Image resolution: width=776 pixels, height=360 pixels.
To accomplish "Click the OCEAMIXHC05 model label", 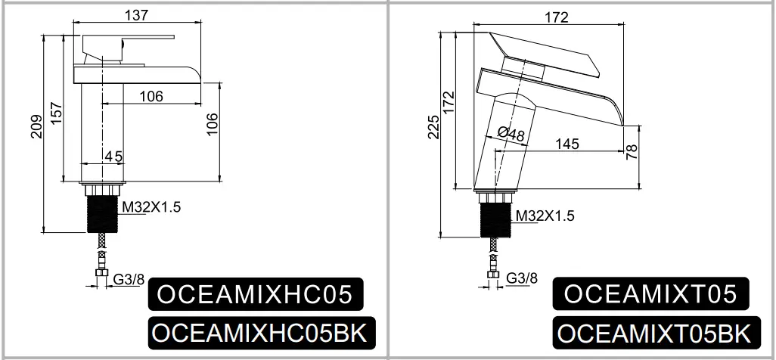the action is tap(256, 293).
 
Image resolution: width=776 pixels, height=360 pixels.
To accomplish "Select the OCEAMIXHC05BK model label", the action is tap(262, 332).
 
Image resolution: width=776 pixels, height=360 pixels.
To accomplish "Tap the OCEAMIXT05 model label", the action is tap(650, 293).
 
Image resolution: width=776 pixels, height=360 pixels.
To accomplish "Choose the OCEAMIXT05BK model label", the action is tap(656, 333).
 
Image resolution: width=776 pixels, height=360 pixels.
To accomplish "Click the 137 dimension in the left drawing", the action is tap(136, 15).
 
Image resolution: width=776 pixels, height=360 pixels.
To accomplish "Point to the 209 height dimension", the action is tap(37, 126).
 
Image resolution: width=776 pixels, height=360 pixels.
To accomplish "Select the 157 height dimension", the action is tap(56, 113).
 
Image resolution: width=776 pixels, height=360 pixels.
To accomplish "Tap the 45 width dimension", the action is tap(113, 156).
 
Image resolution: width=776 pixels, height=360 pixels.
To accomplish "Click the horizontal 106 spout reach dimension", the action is tap(151, 96).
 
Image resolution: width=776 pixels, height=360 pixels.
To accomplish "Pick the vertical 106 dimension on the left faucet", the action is tap(212, 125).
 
